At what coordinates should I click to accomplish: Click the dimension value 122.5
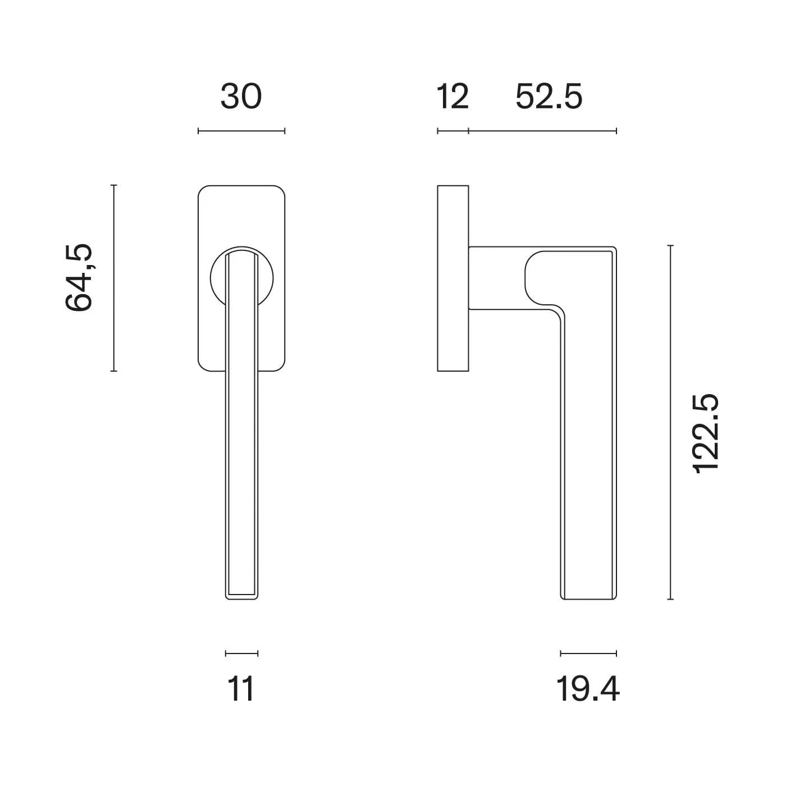coord(706,434)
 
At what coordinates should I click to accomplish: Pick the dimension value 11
coord(241,689)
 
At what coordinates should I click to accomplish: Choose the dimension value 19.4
coord(588,689)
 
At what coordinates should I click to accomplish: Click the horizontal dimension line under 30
coord(241,131)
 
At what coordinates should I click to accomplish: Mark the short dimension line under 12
coord(453,131)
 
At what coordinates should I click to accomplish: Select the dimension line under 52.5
coord(542,131)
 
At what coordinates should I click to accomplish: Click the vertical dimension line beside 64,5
coord(114,278)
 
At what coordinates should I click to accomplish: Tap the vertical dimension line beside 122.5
coord(670,422)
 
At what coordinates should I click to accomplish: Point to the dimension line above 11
coord(241,653)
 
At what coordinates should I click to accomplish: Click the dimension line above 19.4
coord(588,653)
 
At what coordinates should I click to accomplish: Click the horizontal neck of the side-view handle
coord(497,278)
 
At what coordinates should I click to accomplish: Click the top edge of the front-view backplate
coord(241,185)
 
